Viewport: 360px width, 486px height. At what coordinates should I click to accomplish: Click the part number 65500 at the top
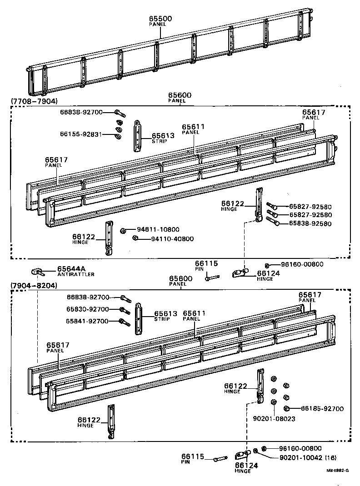coord(160,19)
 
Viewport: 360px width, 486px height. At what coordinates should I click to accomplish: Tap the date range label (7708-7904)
coord(34,100)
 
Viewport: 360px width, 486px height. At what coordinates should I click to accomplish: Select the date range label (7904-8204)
coord(34,285)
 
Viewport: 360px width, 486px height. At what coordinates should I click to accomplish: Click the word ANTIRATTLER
coord(76,274)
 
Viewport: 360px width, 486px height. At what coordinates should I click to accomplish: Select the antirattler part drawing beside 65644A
coord(37,272)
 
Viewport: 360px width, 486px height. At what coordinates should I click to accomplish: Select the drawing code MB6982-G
coord(337,471)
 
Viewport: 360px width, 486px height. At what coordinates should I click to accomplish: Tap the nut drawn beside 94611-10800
coord(123,231)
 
